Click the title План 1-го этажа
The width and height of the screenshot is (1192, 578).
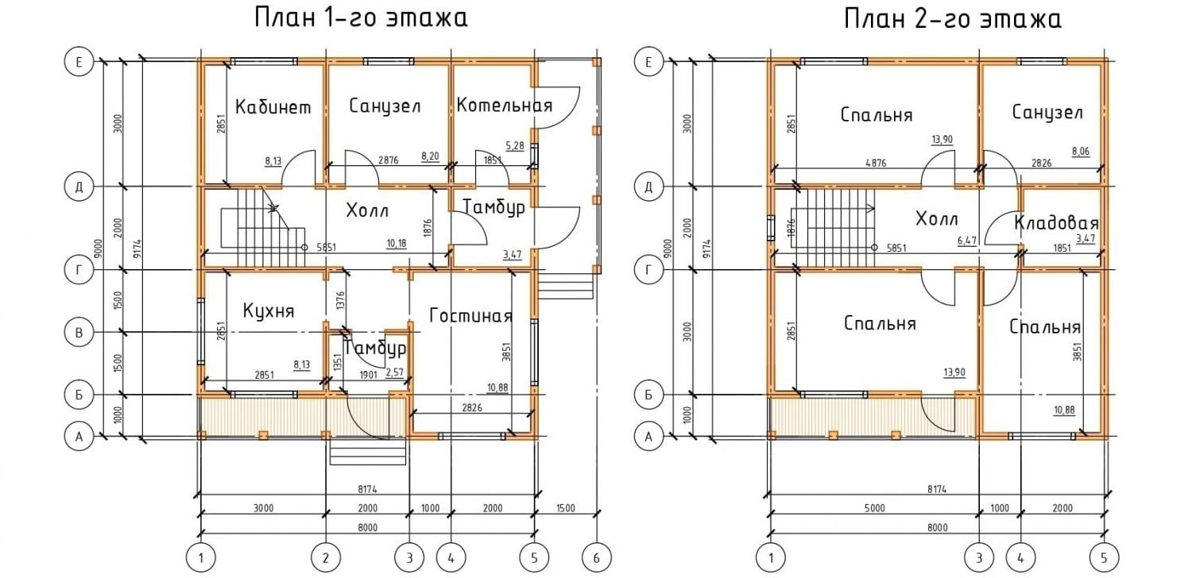click(360, 17)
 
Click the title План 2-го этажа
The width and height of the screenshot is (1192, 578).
click(953, 17)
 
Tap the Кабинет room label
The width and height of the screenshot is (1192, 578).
click(273, 107)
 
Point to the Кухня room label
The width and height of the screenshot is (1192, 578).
click(268, 310)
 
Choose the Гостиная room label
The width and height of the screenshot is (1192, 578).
click(470, 316)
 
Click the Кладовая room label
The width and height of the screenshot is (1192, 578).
click(1056, 223)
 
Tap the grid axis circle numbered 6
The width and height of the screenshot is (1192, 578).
click(596, 558)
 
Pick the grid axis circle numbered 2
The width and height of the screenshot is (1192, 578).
click(326, 558)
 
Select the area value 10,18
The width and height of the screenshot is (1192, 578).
click(397, 242)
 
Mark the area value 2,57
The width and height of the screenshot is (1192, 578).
click(395, 372)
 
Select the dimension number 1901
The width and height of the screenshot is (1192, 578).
click(369, 374)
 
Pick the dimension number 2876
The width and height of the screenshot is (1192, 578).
click(389, 160)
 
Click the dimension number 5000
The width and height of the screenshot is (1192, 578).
click(874, 508)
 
